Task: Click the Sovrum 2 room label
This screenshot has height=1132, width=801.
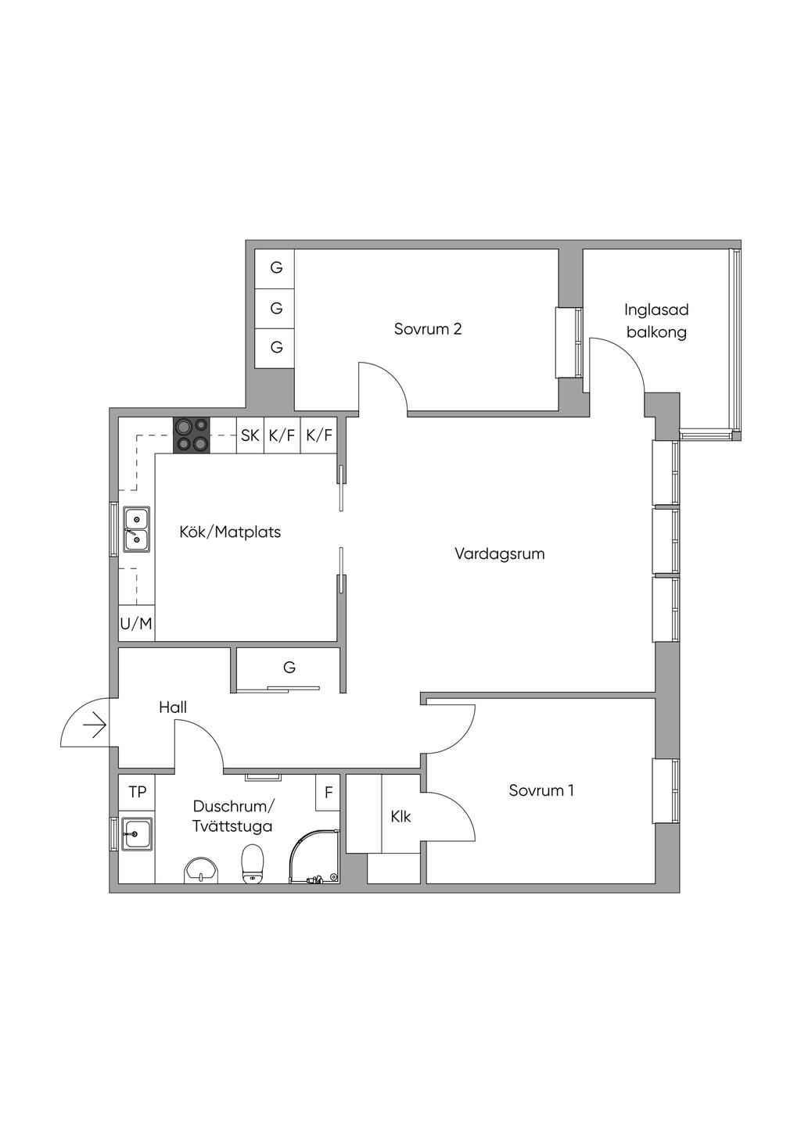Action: [x=427, y=329]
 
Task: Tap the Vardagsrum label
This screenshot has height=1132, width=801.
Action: [x=499, y=554]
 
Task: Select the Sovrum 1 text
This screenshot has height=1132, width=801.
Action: [x=541, y=790]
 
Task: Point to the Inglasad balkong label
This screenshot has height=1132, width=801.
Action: [x=656, y=321]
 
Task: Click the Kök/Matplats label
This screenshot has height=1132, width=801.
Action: [x=230, y=532]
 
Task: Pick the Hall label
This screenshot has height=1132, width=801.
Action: [x=173, y=707]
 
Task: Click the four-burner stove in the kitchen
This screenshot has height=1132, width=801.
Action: [x=192, y=435]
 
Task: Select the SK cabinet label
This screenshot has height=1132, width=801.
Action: [x=250, y=435]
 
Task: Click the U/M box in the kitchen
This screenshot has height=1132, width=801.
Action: [x=136, y=624]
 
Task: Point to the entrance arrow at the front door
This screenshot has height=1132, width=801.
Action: [x=95, y=726]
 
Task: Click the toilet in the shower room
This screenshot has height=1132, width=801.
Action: [x=252, y=865]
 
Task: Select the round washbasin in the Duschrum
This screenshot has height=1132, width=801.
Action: [x=203, y=870]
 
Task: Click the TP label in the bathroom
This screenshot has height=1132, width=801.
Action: [x=137, y=793]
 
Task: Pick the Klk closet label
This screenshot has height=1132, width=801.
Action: [x=400, y=817]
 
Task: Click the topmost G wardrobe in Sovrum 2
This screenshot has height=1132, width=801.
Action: [x=276, y=268]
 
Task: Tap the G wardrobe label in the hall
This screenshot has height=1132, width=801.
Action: [x=289, y=668]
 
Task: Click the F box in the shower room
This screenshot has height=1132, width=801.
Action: [x=329, y=793]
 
